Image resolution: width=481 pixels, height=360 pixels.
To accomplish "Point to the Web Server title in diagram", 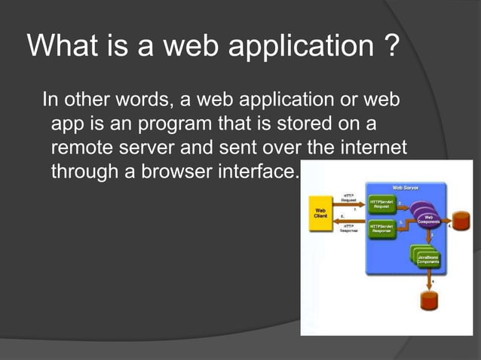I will tap(406, 187).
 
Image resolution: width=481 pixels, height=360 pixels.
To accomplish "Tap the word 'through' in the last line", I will tap(84, 172).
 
